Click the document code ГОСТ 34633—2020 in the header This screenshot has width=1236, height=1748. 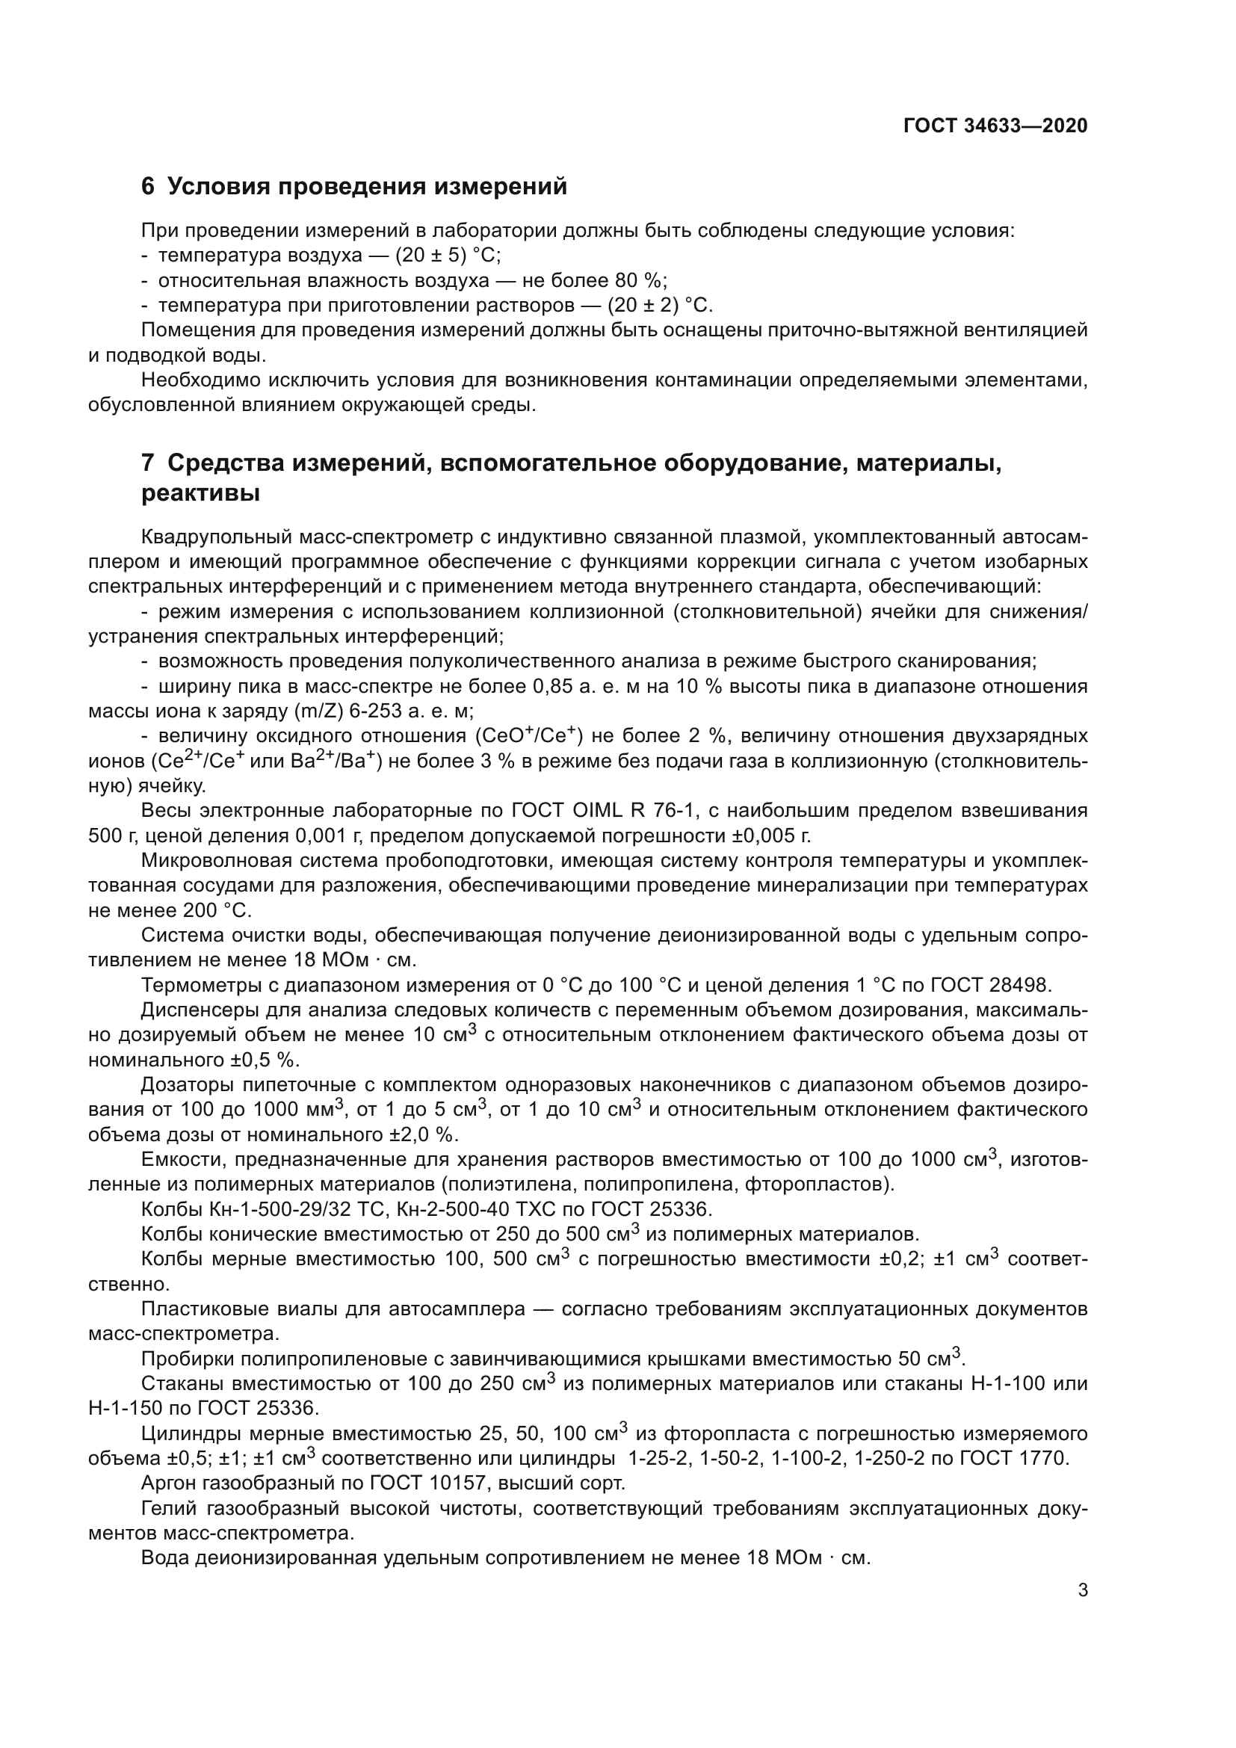coord(995,126)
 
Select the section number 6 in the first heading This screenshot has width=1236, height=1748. coord(148,187)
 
